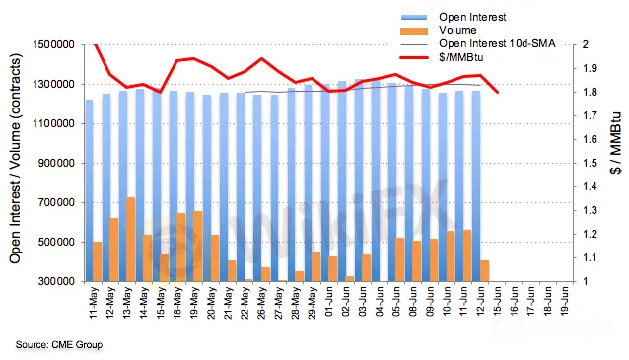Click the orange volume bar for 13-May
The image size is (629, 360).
[131, 240]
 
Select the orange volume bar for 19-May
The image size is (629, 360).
[198, 246]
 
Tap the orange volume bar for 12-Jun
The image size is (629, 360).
[485, 271]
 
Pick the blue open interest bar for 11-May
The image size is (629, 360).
[89, 190]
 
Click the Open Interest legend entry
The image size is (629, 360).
[454, 17]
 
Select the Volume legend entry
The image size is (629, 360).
[439, 31]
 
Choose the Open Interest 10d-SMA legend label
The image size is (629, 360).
[497, 43]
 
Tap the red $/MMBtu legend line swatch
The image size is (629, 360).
[414, 58]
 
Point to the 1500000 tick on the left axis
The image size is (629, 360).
[57, 44]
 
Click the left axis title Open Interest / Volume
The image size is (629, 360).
[15, 158]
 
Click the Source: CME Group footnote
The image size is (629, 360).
[59, 345]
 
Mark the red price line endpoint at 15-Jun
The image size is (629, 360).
[498, 93]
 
